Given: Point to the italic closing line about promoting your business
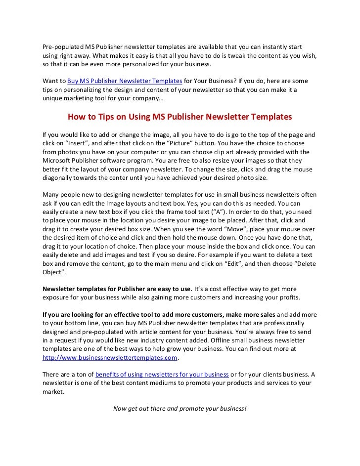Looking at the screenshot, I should (180, 409).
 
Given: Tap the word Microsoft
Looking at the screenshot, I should (57, 161).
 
